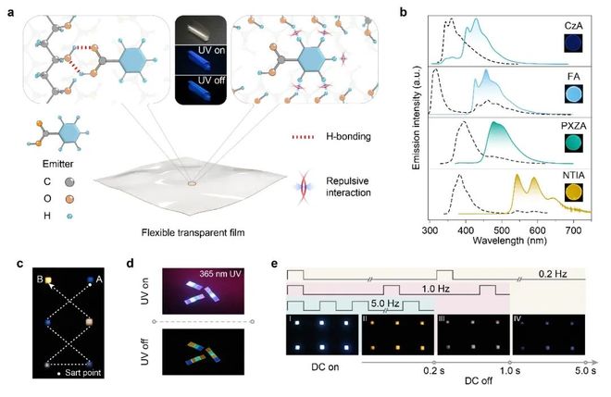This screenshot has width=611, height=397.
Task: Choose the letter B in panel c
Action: (x=37, y=276)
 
